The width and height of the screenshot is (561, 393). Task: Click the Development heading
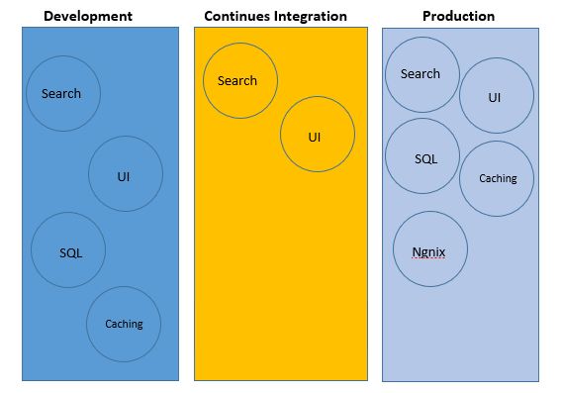coord(87,16)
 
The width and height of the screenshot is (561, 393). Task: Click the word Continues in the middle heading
coord(236,16)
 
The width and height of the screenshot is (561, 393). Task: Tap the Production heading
coord(458,16)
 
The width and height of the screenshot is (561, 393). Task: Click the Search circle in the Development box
coord(62,94)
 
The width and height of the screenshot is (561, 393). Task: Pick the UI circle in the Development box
coord(125,175)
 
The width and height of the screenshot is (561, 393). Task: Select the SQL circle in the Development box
coord(69,251)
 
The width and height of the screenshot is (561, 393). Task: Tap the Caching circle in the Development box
coord(124,324)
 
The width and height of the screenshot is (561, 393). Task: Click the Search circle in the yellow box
coord(239,80)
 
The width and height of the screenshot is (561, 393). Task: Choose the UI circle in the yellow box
coord(317,136)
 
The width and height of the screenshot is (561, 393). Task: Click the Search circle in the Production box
coord(421,74)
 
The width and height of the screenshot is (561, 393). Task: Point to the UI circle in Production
coord(496,96)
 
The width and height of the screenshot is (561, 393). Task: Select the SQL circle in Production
coord(422,157)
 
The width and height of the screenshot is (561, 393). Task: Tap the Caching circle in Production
coord(497,178)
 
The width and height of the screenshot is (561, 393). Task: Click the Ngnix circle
coord(429,249)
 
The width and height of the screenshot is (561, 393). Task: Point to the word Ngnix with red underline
coord(428,251)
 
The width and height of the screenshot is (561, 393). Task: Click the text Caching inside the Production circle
coord(498,178)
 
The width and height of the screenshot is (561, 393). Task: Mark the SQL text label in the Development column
coord(70,252)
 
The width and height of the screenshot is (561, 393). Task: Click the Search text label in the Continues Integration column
coord(237,80)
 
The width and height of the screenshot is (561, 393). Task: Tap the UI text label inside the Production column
coord(495,97)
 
